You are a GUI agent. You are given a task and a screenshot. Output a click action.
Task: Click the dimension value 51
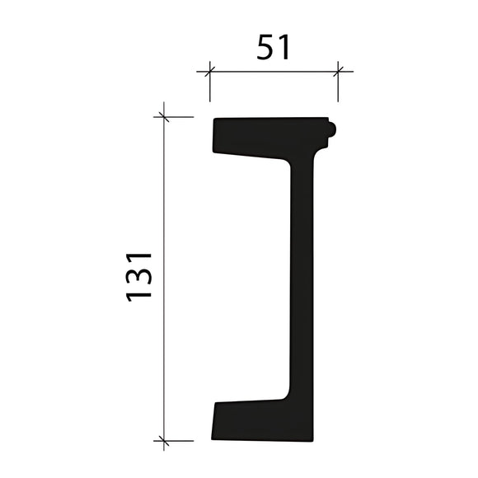click(273, 48)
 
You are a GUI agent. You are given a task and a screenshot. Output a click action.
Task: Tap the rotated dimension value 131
click(140, 276)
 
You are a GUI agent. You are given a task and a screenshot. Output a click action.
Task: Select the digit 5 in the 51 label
click(265, 48)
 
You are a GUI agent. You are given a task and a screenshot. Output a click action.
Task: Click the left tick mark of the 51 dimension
click(209, 71)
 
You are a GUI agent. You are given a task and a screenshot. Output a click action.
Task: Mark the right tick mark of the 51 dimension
click(337, 71)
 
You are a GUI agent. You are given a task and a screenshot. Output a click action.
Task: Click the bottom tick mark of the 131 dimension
click(164, 440)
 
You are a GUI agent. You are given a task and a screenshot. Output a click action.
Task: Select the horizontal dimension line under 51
click(273, 71)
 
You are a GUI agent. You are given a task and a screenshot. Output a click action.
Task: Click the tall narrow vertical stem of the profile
click(302, 280)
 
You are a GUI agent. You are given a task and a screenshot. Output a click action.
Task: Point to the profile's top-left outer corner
click(214, 119)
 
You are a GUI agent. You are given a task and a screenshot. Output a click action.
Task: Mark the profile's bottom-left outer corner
click(212, 438)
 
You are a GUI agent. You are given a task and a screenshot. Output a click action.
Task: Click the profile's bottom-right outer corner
click(313, 439)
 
